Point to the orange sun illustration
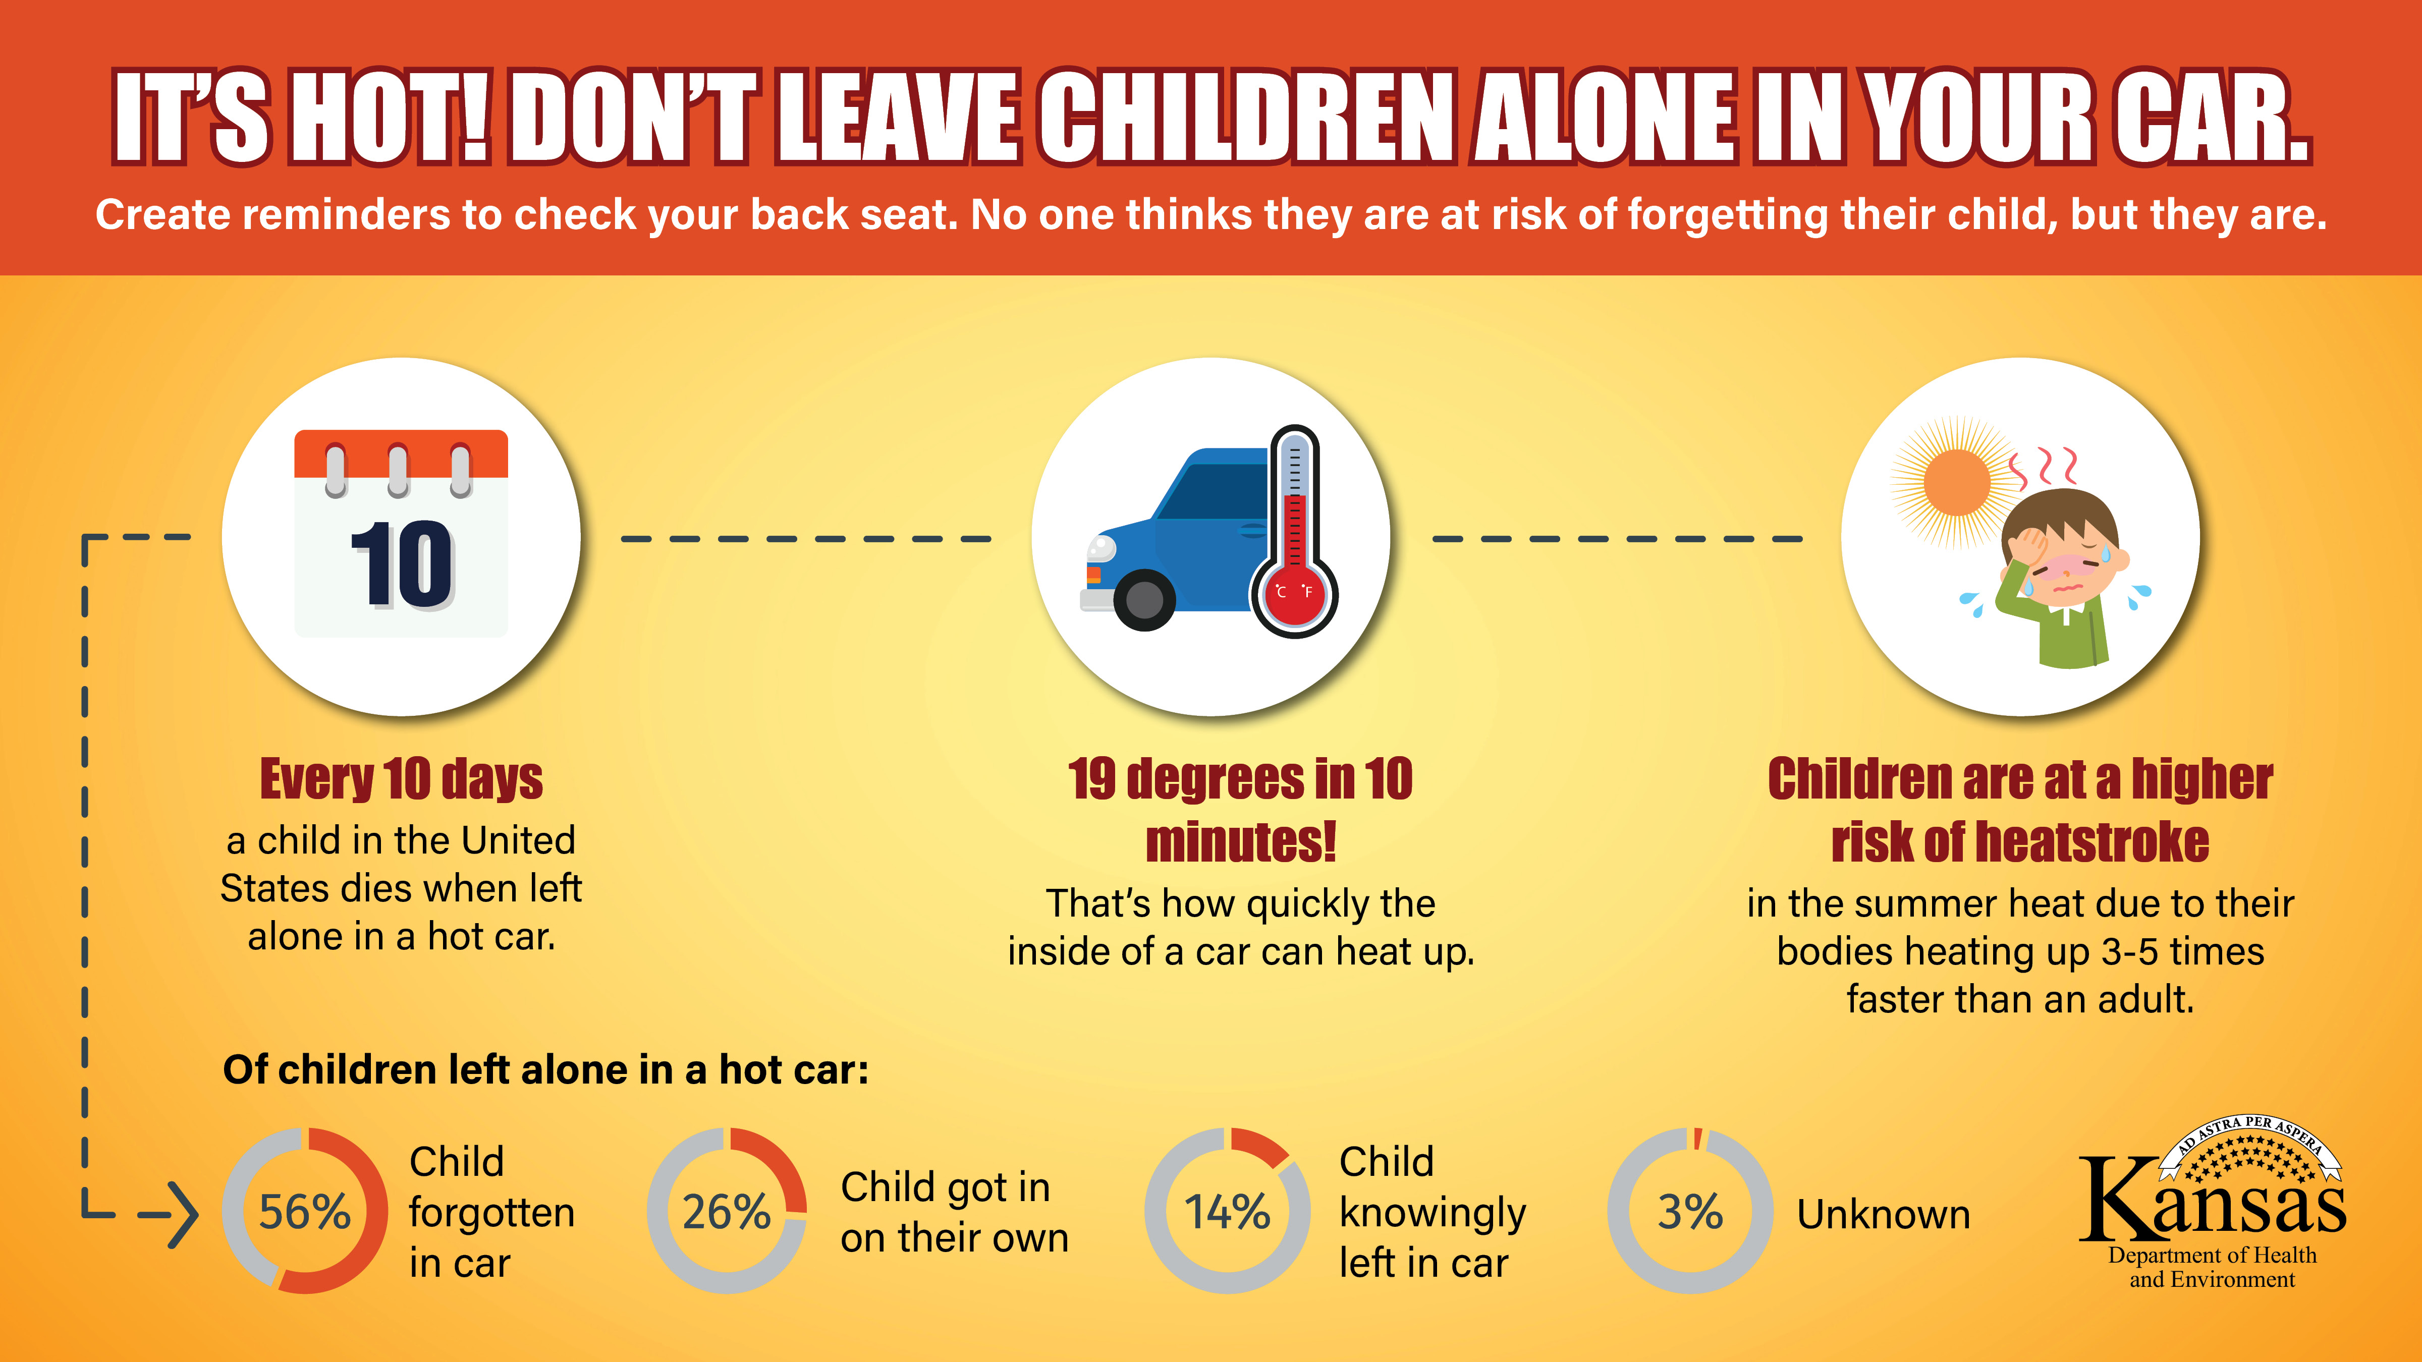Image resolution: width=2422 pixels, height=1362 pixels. (x=1958, y=481)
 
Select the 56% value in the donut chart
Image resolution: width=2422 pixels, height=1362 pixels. (x=305, y=1212)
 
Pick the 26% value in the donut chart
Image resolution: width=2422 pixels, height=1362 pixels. (x=727, y=1212)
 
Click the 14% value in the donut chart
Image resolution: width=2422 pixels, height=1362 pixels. (x=1227, y=1212)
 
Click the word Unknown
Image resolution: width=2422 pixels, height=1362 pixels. (x=1883, y=1214)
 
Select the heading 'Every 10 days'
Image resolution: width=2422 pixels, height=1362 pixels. (x=402, y=779)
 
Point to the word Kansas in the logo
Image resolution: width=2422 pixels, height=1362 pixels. (x=2212, y=1199)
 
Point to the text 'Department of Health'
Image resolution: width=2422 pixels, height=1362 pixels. (x=2212, y=1256)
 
